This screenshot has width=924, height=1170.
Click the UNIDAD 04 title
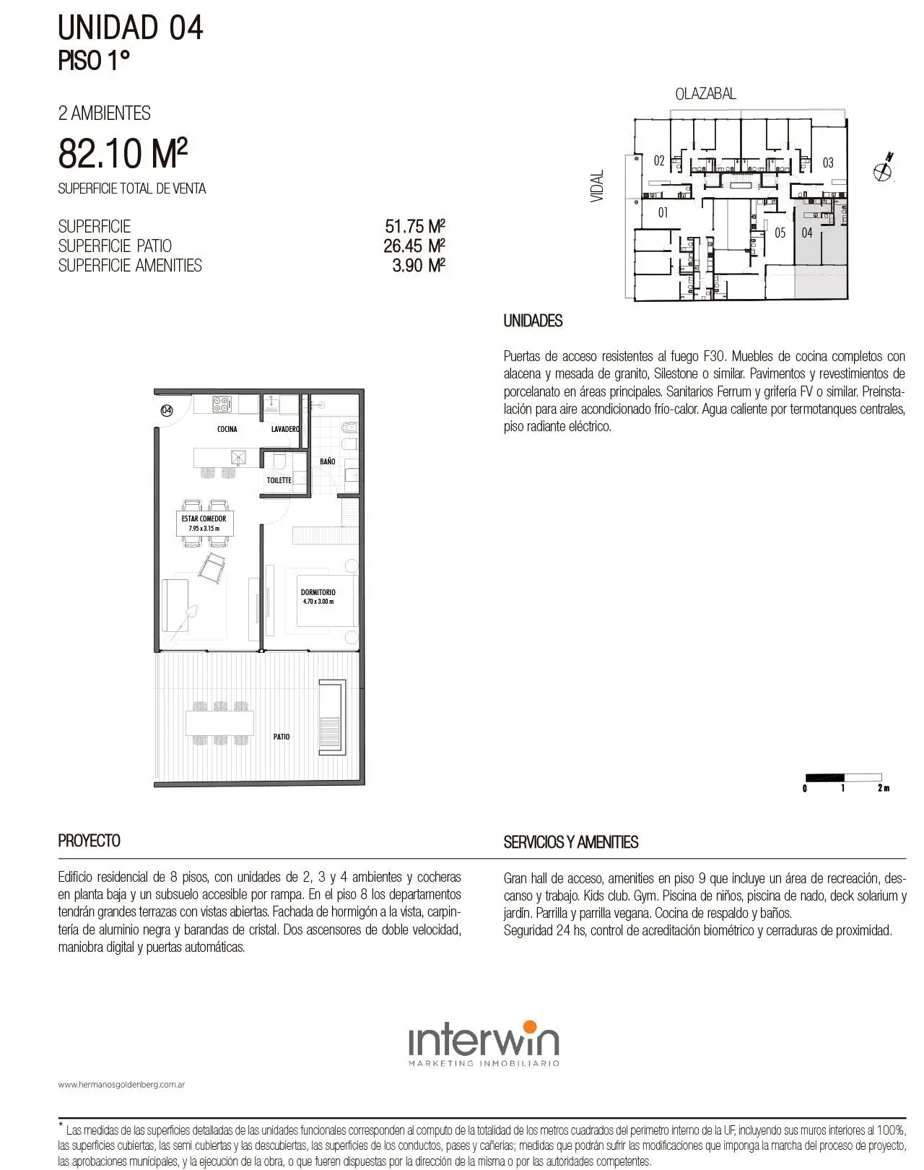(x=131, y=27)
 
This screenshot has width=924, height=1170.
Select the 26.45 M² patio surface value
(x=414, y=246)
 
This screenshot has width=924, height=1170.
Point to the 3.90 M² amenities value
(x=419, y=265)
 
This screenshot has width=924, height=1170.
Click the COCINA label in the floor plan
(x=227, y=429)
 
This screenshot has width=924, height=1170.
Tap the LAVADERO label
(x=285, y=429)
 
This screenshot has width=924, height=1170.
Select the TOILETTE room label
(x=279, y=480)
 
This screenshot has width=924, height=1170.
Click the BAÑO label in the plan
(x=327, y=461)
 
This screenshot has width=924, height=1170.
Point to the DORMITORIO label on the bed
(x=318, y=592)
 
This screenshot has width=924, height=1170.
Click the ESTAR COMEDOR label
(x=204, y=519)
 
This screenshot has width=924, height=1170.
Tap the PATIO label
(x=282, y=737)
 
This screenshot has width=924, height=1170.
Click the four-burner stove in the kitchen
(x=221, y=404)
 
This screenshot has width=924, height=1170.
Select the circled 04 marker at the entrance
(x=167, y=410)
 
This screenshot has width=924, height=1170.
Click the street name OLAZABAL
(x=705, y=94)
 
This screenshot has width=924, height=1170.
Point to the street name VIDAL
(x=597, y=186)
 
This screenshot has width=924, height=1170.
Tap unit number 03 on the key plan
(x=828, y=162)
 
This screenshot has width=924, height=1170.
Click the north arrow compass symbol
(x=884, y=168)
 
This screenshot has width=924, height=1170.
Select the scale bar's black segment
(x=824, y=777)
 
